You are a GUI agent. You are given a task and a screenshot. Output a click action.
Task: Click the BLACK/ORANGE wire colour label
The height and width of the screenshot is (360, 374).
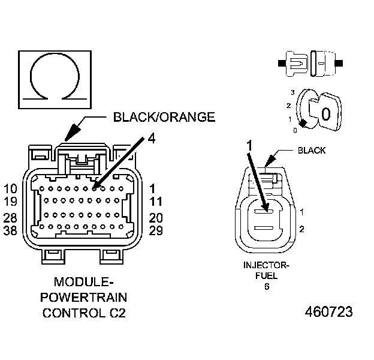(164, 117)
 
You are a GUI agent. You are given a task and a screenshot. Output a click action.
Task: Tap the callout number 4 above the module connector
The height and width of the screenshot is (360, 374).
(152, 139)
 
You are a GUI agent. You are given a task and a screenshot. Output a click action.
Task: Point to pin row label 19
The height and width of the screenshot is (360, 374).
(10, 202)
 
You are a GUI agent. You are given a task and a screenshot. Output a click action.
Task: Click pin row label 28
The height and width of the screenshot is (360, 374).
(10, 218)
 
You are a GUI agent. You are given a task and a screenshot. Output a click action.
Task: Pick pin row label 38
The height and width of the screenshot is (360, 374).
(10, 230)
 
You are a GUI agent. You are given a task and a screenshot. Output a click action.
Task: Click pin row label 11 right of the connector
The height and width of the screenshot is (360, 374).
(156, 202)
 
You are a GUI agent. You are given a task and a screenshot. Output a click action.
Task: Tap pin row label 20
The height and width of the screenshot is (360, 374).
(156, 218)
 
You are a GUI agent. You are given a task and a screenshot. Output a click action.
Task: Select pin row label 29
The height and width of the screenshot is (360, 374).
(156, 230)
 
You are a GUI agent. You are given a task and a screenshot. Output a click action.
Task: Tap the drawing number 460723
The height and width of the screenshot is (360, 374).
(329, 313)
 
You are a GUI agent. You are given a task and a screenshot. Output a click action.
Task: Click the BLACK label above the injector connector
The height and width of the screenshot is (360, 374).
(312, 151)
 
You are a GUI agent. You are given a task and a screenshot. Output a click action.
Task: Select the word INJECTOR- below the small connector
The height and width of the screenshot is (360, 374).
(267, 265)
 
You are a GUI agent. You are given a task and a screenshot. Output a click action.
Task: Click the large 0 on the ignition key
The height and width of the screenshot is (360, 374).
(326, 113)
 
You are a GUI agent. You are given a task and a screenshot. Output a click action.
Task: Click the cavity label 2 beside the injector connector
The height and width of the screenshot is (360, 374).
(302, 229)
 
